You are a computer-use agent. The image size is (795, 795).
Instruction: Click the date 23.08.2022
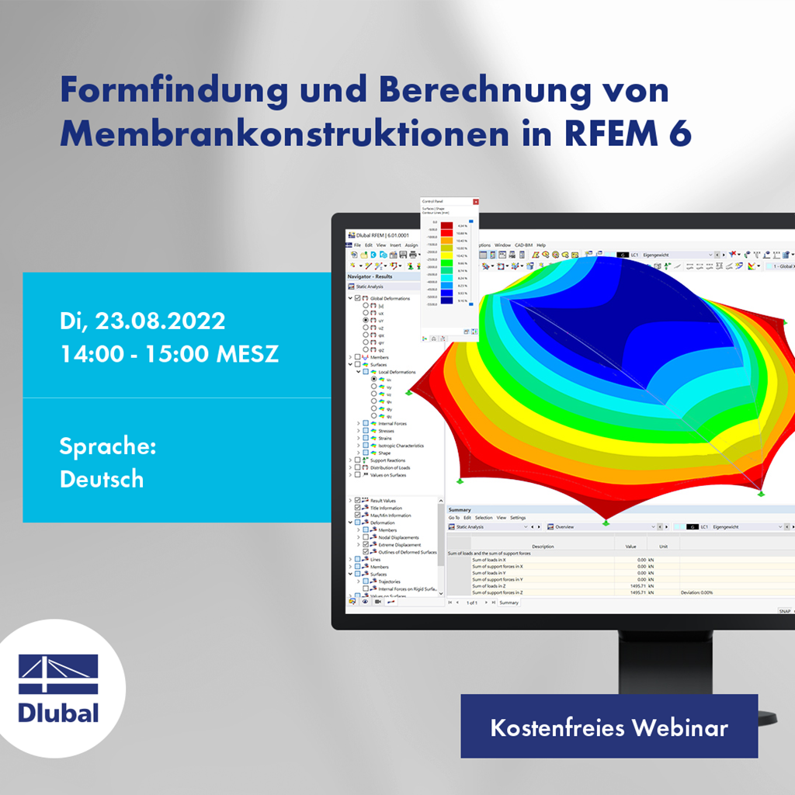(162, 320)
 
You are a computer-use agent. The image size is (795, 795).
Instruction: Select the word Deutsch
(102, 478)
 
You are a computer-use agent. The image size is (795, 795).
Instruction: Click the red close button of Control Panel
(476, 201)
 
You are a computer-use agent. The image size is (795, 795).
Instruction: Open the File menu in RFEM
(358, 245)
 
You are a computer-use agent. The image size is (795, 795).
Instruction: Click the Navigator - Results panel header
(370, 276)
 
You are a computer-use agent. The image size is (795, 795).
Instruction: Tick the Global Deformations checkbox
(358, 298)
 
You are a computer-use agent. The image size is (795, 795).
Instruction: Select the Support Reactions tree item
(387, 460)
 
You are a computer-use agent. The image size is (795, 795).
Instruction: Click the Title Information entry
(386, 508)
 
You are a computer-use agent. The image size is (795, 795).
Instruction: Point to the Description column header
(543, 547)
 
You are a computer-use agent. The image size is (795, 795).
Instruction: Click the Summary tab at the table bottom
(509, 602)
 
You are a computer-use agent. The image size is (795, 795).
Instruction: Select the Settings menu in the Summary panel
(518, 517)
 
